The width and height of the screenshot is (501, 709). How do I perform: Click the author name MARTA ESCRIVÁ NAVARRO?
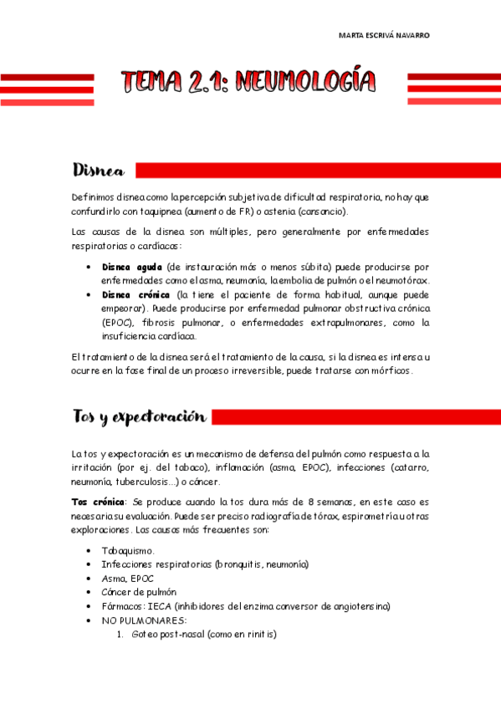click(384, 36)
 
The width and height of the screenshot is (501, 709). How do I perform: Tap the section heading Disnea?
click(99, 171)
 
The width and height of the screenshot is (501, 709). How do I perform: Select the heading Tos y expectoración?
click(139, 416)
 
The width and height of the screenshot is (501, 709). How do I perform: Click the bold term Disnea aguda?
click(131, 267)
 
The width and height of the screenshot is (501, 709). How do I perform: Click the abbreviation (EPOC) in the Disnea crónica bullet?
click(116, 322)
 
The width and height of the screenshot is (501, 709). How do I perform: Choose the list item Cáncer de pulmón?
click(138, 592)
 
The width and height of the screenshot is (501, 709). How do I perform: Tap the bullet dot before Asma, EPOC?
click(89, 579)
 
